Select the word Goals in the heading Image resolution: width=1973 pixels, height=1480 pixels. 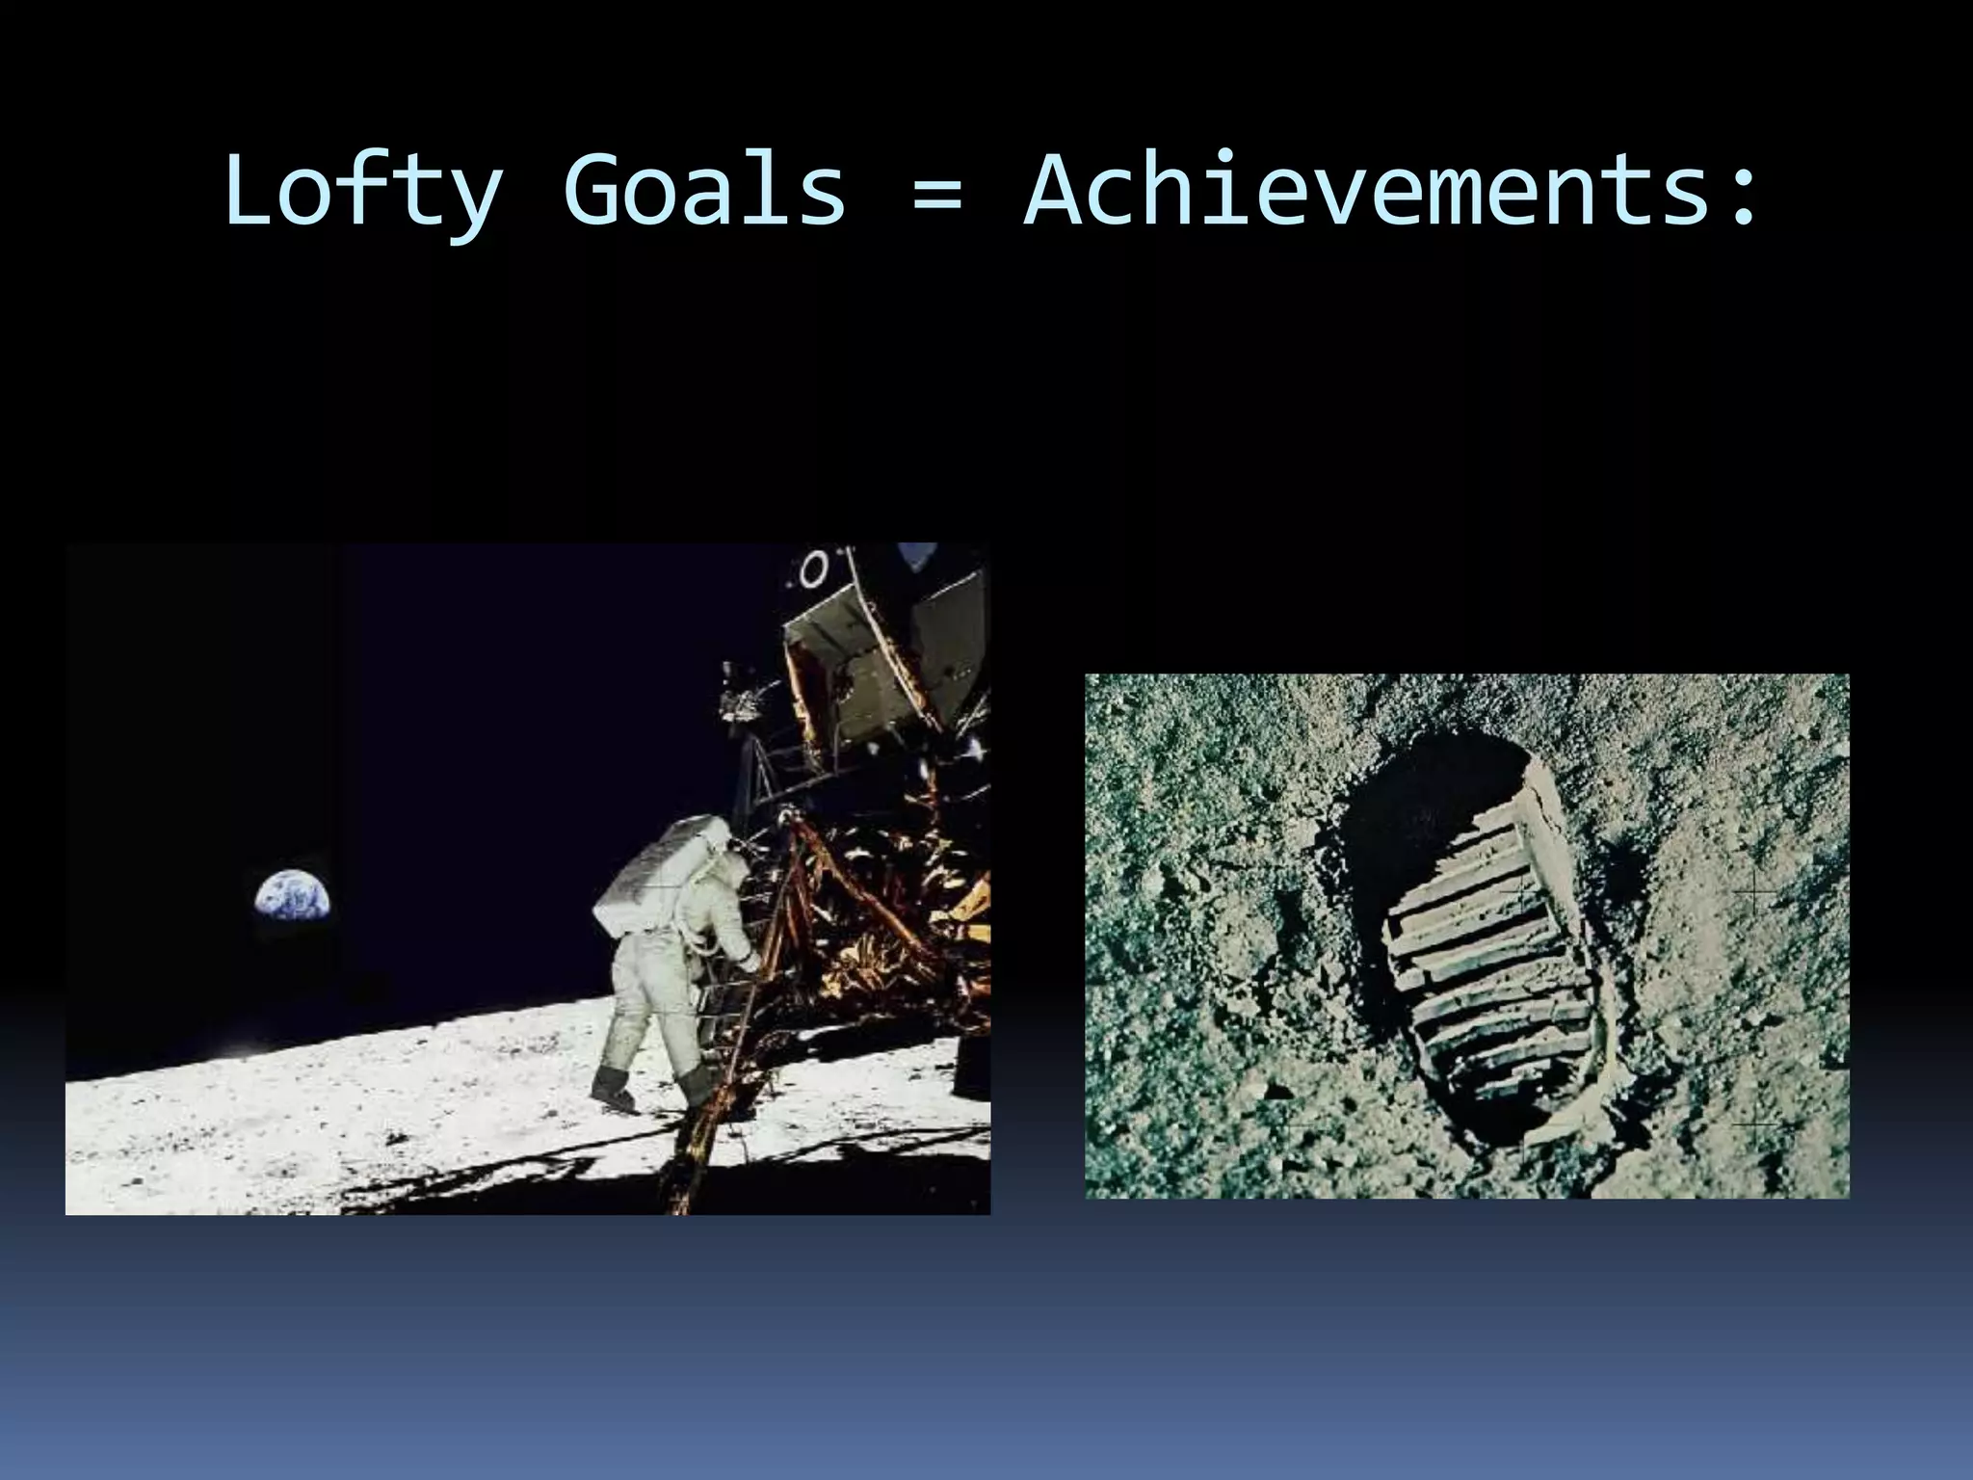click(x=704, y=192)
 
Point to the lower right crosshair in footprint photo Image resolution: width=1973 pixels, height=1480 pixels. click(x=1755, y=1123)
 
